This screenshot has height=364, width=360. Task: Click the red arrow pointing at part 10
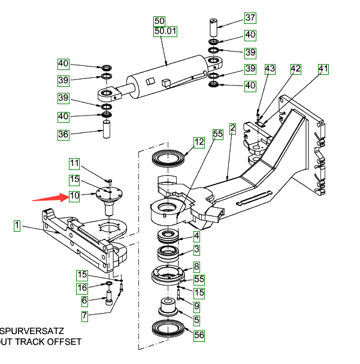pyautogui.click(x=49, y=196)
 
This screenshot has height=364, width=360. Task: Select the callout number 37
pyautogui.click(x=250, y=18)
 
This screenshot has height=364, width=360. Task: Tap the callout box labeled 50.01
pyautogui.click(x=165, y=31)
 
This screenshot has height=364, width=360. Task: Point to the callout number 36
pyautogui.click(x=63, y=135)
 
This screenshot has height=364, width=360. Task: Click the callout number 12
pyautogui.click(x=199, y=142)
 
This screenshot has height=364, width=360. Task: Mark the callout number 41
pyautogui.click(x=323, y=69)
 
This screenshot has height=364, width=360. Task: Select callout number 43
pyautogui.click(x=270, y=69)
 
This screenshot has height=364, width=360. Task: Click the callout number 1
pyautogui.click(x=17, y=226)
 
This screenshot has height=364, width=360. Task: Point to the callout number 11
pyautogui.click(x=74, y=163)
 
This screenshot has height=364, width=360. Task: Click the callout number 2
pyautogui.click(x=232, y=128)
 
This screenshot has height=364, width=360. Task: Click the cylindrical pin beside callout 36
pyautogui.click(x=107, y=129)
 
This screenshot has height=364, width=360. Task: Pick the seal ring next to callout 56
pyautogui.click(x=169, y=329)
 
